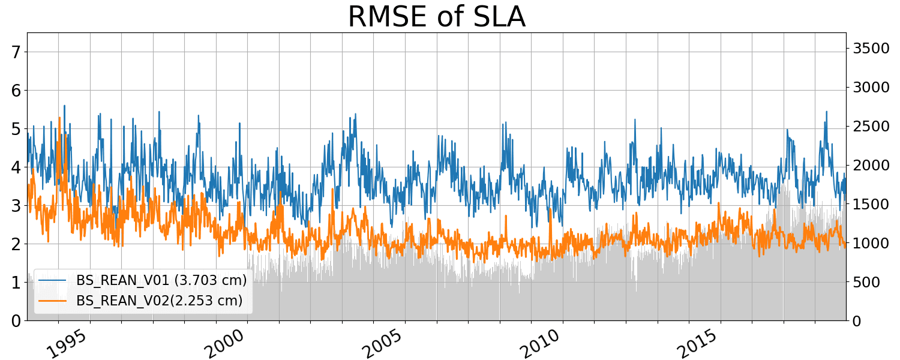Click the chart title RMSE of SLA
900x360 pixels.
pyautogui.click(x=436, y=17)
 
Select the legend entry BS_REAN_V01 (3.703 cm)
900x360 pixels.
pyautogui.click(x=161, y=280)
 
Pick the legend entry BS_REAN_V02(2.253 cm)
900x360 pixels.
pyautogui.click(x=159, y=301)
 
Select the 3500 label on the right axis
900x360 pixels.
pyautogui.click(x=871, y=49)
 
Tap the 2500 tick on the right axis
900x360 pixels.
pyautogui.click(x=871, y=127)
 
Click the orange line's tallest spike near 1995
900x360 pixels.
pyautogui.click(x=59, y=118)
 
